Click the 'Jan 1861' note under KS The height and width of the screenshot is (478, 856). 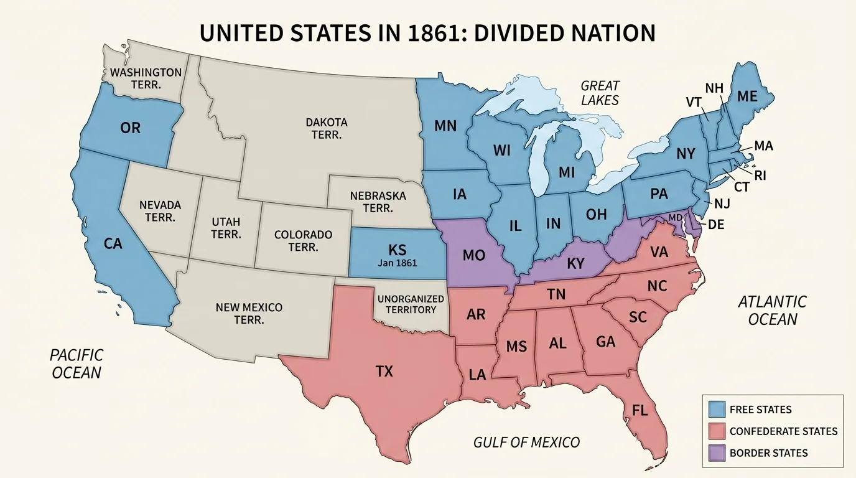(397, 263)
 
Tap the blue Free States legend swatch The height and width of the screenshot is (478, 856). (717, 409)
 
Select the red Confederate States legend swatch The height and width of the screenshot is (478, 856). (717, 431)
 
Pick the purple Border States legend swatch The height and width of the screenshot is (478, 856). (717, 452)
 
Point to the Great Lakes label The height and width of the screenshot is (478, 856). (600, 93)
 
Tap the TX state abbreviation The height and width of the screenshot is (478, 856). (384, 372)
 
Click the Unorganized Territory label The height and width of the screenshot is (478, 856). (411, 304)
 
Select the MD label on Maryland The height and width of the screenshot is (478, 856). (675, 217)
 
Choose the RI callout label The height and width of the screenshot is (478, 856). (760, 176)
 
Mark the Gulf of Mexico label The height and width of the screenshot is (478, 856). (526, 443)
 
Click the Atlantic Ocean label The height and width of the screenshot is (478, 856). (771, 311)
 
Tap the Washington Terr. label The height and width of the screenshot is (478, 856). (146, 78)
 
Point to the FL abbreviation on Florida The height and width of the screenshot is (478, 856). (640, 410)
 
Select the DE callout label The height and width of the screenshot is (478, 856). (716, 225)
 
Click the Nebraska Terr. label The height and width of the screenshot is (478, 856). (378, 202)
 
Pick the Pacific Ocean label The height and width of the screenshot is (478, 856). (77, 363)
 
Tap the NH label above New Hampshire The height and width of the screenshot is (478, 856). (714, 88)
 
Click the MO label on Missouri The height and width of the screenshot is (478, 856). (474, 255)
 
